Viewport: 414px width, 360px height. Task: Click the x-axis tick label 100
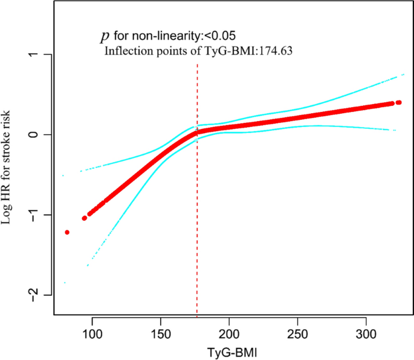coord(92,332)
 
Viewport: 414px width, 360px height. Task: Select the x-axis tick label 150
coord(161,332)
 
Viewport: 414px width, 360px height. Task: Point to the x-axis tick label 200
coord(228,332)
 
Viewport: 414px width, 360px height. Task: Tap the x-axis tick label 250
coord(297,332)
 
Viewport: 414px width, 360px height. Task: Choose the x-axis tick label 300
coord(365,332)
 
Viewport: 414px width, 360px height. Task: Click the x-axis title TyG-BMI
coord(228,351)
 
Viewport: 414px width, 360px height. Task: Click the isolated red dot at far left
coord(67,232)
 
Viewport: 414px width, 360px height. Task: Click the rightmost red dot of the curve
coord(399,102)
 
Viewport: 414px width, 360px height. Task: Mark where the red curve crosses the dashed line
coord(197,132)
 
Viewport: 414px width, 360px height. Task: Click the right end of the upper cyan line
coord(403,74)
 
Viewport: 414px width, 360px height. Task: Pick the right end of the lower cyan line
coord(395,130)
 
